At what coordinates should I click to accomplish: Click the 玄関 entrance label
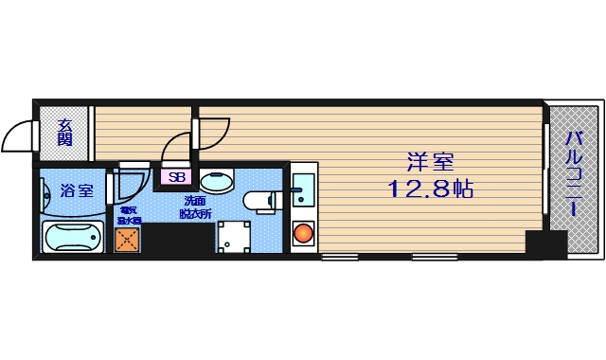[x=64, y=132]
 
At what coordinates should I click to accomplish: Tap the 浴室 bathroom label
[x=77, y=190]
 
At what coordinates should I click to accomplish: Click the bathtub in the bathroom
[x=73, y=238]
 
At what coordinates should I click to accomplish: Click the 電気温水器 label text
[x=128, y=214]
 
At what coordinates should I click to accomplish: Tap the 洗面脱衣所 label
[x=197, y=207]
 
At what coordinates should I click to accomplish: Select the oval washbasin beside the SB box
[x=220, y=179]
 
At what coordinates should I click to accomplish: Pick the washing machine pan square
[x=233, y=237]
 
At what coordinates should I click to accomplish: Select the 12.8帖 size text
[x=430, y=189]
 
